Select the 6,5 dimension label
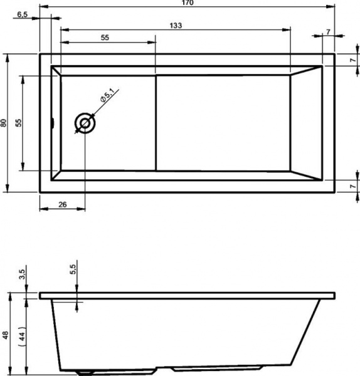pos(23,14)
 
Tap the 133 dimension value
pos(176,25)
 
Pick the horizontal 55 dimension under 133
pos(105,38)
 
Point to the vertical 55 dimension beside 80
pos(18,123)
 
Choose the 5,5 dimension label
pos(73,269)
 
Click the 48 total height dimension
pos(5,335)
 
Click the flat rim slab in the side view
pos(188,295)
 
